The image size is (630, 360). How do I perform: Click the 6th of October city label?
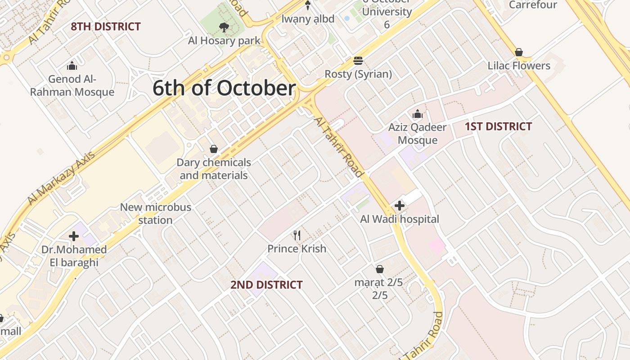pos(224,88)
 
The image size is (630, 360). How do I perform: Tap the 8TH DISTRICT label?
pos(106,27)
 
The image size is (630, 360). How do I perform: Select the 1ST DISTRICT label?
pos(498,126)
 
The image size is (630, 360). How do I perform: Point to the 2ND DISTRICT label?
pos(266,285)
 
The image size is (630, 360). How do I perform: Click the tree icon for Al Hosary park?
pos(224,28)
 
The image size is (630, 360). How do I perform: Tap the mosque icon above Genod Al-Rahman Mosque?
pos(72,67)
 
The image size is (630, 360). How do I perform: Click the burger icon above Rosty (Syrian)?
pos(358,61)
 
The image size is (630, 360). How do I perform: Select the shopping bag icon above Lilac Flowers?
pos(519,52)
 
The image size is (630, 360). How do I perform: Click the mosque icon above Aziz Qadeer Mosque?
pos(418,114)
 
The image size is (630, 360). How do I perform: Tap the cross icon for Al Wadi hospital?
pos(399,206)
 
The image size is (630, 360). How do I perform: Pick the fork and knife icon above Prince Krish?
pos(297,235)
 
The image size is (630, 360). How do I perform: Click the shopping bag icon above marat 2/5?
pos(380,269)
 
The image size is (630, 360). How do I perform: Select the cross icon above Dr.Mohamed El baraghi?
pos(74,236)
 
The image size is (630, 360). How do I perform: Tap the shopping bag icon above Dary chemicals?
pos(214,149)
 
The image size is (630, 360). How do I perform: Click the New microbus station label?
pos(155,214)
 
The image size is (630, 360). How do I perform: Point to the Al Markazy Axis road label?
pos(61,178)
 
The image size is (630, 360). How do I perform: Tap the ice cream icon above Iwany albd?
pos(308,5)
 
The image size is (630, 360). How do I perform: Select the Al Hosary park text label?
pos(224,41)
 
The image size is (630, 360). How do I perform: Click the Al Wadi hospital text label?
pos(400,219)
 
